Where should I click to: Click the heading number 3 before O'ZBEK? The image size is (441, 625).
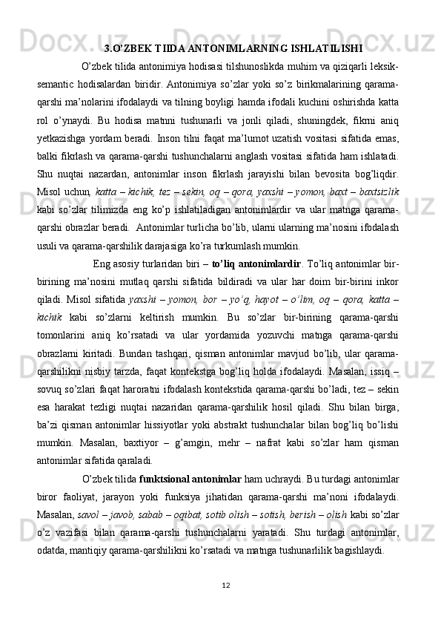108,50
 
